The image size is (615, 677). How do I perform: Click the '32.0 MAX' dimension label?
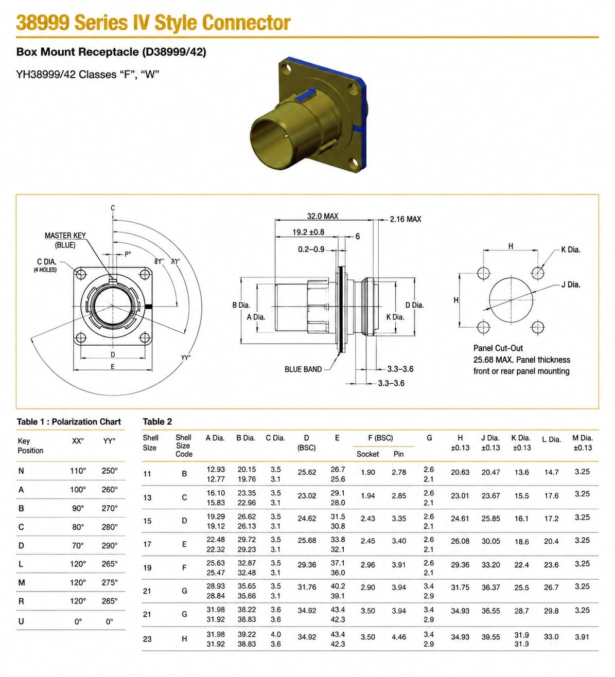[x=322, y=216]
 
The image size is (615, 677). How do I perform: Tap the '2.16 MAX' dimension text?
[x=405, y=219]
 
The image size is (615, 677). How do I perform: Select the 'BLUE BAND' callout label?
[x=303, y=369]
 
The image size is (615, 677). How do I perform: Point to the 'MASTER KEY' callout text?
[x=65, y=236]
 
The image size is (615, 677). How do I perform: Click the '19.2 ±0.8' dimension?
[x=308, y=232]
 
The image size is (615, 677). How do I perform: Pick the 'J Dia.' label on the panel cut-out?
[x=570, y=285]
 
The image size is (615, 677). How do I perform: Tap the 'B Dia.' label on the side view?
[x=241, y=305]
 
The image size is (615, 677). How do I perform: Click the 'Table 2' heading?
[x=157, y=421]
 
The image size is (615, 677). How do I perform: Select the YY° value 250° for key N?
[x=110, y=471]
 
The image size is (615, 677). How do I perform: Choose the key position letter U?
[x=21, y=621]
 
